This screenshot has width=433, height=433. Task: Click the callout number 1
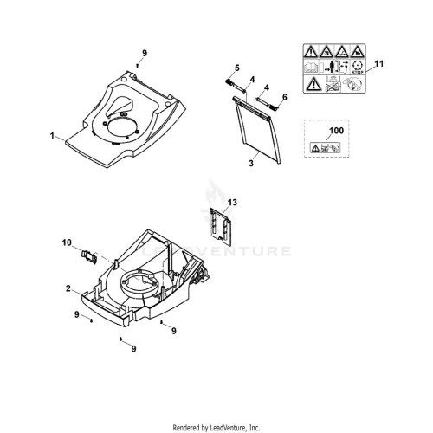click(52, 135)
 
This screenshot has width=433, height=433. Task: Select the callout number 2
click(68, 288)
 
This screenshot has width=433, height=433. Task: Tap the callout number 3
click(251, 163)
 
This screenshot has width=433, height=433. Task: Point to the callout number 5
click(237, 68)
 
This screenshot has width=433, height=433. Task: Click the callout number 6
click(285, 97)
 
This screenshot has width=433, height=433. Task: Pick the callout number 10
click(67, 242)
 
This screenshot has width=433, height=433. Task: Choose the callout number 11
click(379, 63)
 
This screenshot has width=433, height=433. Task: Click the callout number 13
click(232, 203)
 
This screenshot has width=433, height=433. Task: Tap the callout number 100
click(336, 131)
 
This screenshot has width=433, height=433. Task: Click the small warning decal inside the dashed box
click(325, 148)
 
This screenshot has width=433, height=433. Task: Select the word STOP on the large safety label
click(358, 73)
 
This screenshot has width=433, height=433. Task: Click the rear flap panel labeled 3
click(257, 129)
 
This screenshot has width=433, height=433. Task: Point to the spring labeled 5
click(229, 81)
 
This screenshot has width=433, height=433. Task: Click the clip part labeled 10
click(89, 256)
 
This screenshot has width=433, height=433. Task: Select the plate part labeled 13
click(220, 226)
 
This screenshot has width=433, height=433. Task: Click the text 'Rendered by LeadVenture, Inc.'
click(216, 427)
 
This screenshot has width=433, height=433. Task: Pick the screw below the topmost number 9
click(138, 66)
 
